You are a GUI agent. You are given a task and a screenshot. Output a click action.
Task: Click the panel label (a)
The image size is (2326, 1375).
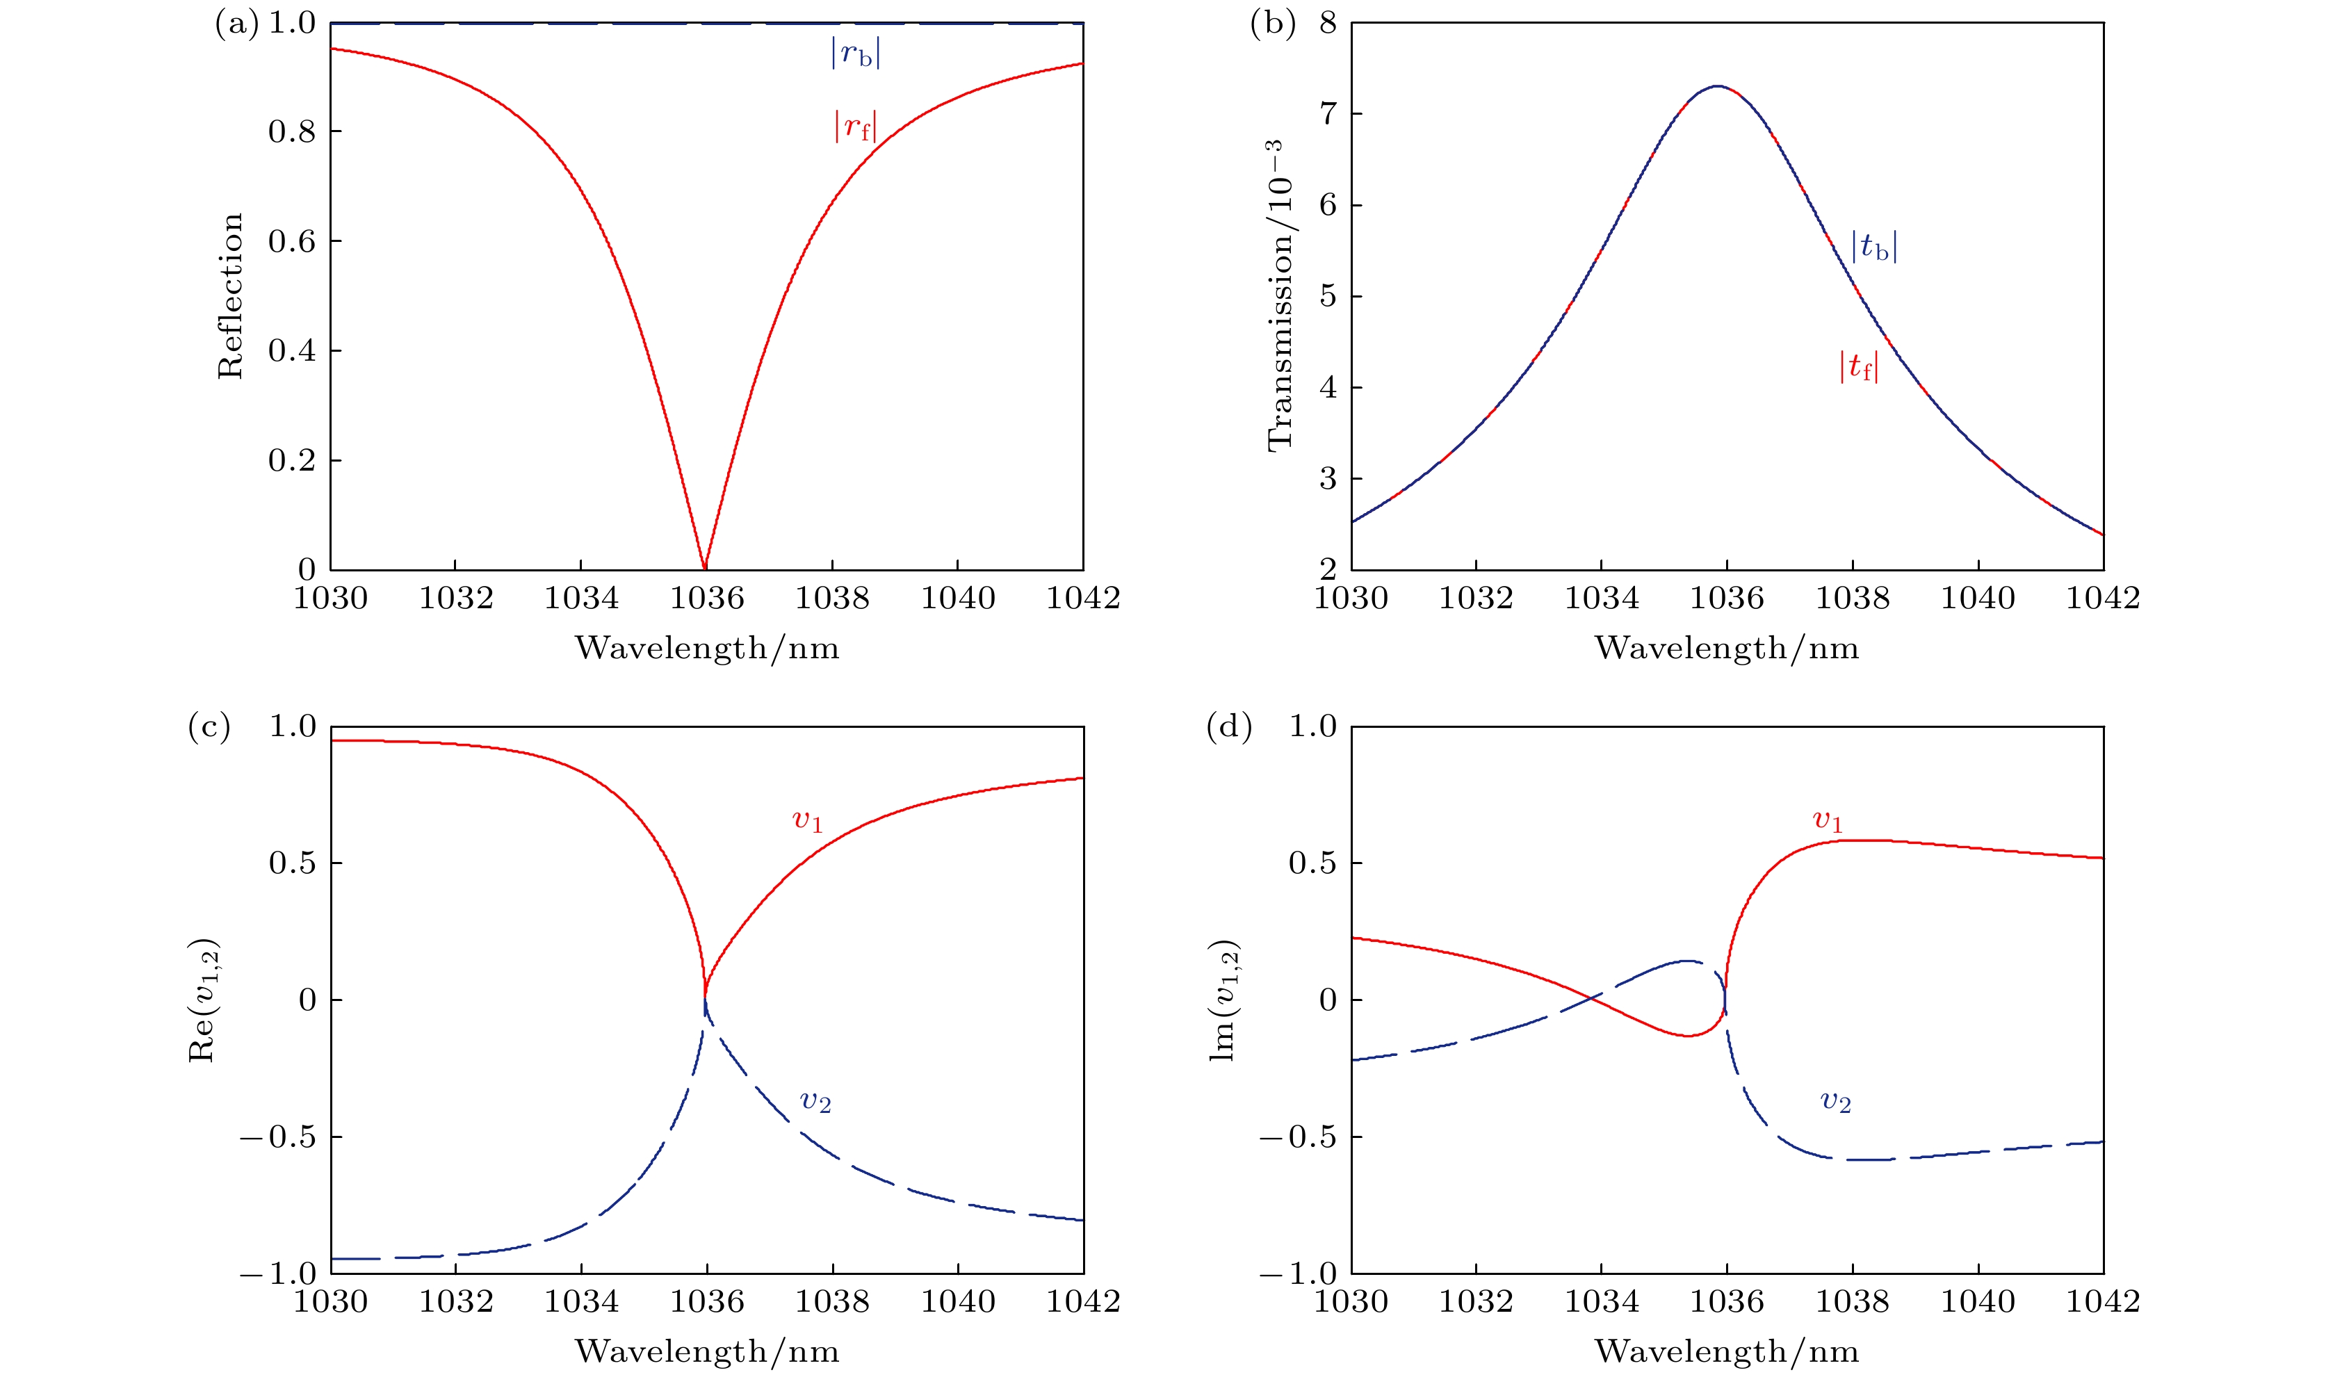coord(236,23)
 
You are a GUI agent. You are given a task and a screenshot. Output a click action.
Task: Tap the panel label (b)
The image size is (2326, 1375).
coord(1272,23)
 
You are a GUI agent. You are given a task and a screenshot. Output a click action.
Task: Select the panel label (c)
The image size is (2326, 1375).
coord(209,726)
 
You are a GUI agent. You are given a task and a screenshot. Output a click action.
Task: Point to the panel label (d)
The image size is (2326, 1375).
coord(1228,726)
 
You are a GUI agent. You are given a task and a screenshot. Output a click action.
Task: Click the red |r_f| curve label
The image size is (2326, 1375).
coord(855,126)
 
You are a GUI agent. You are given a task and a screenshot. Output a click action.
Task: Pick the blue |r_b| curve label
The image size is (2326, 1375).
coord(855,54)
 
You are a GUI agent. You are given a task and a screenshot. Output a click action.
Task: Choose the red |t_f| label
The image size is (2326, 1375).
coord(1858,367)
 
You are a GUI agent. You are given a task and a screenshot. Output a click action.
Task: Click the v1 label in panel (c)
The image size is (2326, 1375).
coord(807,820)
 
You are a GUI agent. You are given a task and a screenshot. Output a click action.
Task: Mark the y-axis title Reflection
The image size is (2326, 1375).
coord(229,297)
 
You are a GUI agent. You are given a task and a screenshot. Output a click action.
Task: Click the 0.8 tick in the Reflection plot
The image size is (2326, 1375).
coord(292,131)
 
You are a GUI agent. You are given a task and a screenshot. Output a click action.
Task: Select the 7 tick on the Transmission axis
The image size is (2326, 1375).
coord(1328,114)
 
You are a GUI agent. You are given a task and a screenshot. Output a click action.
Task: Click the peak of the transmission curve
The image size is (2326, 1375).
coord(1718,86)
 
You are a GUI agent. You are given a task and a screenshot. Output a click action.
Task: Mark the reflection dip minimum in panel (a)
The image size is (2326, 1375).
coord(705,567)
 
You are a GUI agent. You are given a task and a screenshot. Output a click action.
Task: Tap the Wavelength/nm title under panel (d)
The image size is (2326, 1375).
coord(1726,1351)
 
